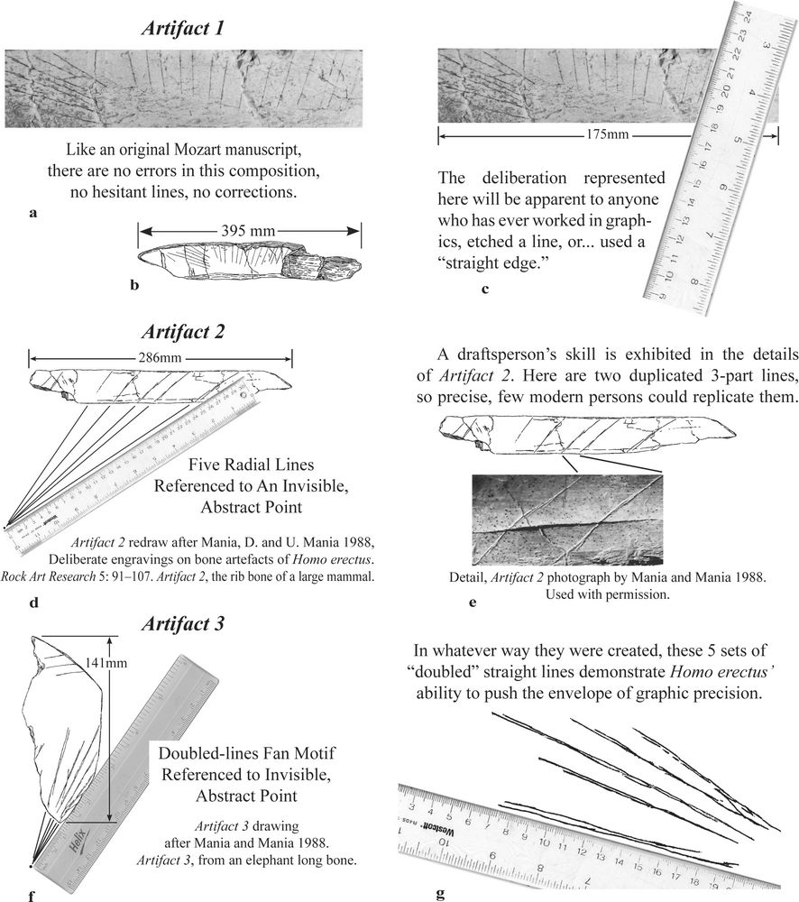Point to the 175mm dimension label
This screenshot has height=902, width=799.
coord(608,136)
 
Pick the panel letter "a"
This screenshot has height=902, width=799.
coord(33,214)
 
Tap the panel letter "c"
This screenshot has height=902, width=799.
coord(486,290)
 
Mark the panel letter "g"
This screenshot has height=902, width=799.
coord(440,894)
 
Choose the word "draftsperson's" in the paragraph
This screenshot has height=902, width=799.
coord(511,351)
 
